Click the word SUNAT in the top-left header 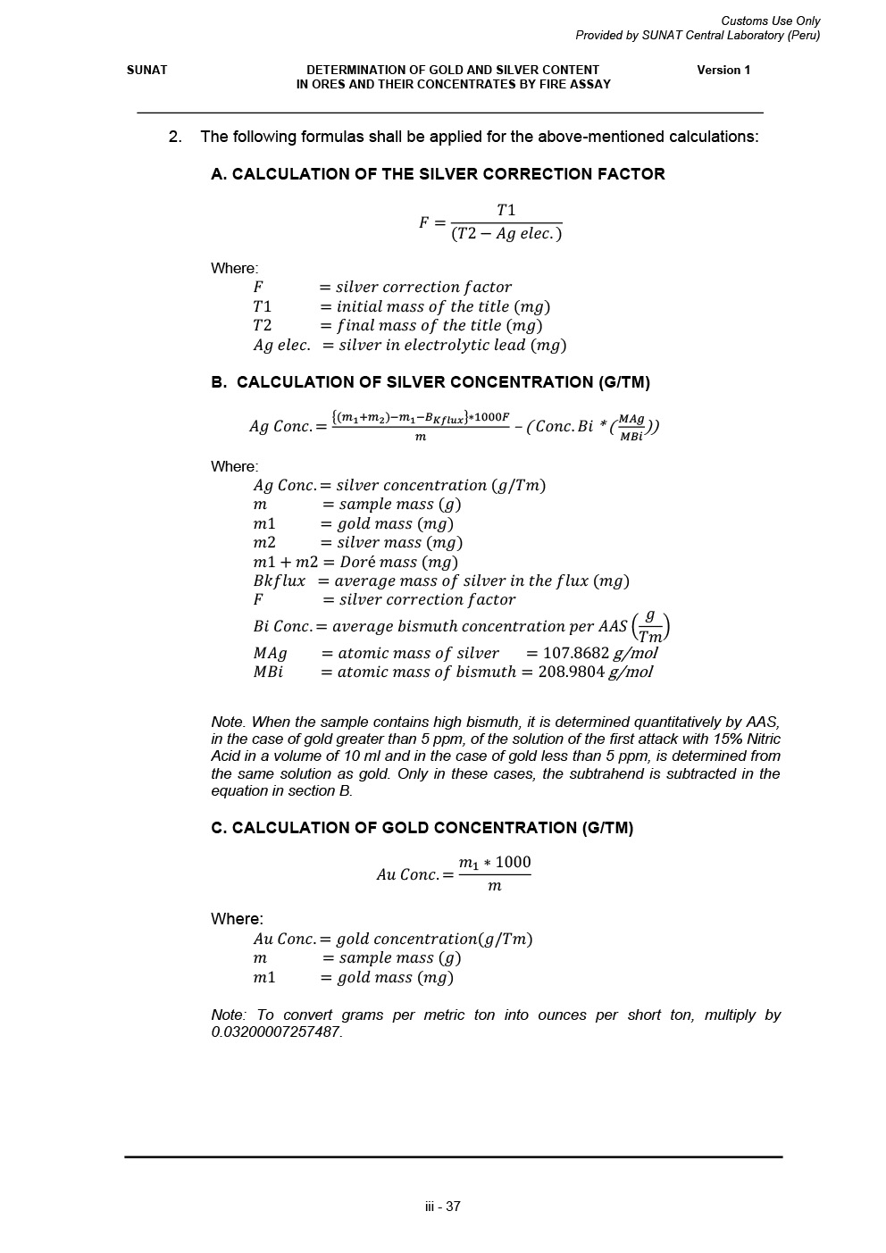coord(146,70)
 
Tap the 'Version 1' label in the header coord(723,70)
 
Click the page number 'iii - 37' coord(443,1207)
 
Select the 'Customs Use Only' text coord(770,21)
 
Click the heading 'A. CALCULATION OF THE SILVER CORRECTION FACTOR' coord(438,174)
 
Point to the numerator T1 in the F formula coord(506,210)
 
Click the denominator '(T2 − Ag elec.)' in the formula coord(506,234)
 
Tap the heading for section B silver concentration coord(430,382)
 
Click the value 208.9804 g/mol coord(596,672)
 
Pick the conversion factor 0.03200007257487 coord(276,1032)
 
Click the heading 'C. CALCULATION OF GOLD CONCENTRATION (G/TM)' coord(422,828)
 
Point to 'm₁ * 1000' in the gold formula coord(495,862)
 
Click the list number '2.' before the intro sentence coord(175,137)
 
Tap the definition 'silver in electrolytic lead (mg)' coord(452,345)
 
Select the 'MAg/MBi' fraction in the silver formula coord(631,428)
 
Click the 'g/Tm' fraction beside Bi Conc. coord(650,626)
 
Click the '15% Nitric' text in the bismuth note coord(747,739)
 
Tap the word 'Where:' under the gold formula coord(237,919)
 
